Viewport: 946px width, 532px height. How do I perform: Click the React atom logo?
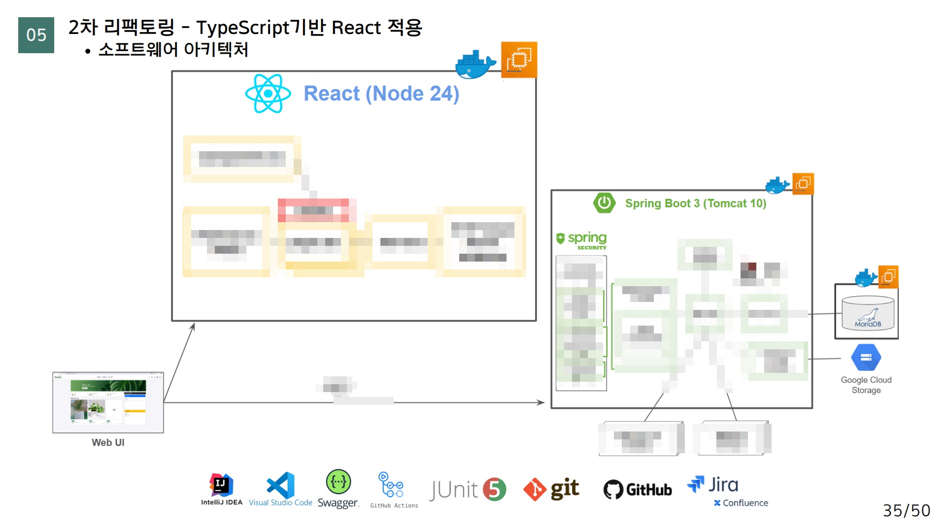pyautogui.click(x=268, y=94)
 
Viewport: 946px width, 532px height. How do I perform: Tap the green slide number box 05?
pyautogui.click(x=36, y=35)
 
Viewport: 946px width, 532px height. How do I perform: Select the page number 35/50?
pyautogui.click(x=906, y=510)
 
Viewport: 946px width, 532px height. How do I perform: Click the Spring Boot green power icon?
pyautogui.click(x=604, y=203)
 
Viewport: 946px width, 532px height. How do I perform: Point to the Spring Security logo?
pyautogui.click(x=581, y=240)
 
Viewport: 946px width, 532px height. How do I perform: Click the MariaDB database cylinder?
pyautogui.click(x=868, y=312)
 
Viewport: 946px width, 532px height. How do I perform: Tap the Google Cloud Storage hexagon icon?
pyautogui.click(x=866, y=358)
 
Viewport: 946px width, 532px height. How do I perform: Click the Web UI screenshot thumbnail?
pyautogui.click(x=108, y=402)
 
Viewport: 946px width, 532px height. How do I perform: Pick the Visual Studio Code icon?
pyautogui.click(x=281, y=486)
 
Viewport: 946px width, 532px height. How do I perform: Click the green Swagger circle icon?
pyautogui.click(x=338, y=482)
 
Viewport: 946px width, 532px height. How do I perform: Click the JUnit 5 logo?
pyautogui.click(x=467, y=490)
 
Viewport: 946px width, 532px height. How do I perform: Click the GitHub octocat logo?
pyautogui.click(x=613, y=490)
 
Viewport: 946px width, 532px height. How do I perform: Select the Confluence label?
pyautogui.click(x=741, y=503)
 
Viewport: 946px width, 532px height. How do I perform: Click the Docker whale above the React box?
pyautogui.click(x=474, y=64)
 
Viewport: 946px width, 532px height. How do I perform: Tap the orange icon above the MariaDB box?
pyautogui.click(x=888, y=276)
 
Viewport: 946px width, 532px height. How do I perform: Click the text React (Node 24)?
pyautogui.click(x=381, y=94)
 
